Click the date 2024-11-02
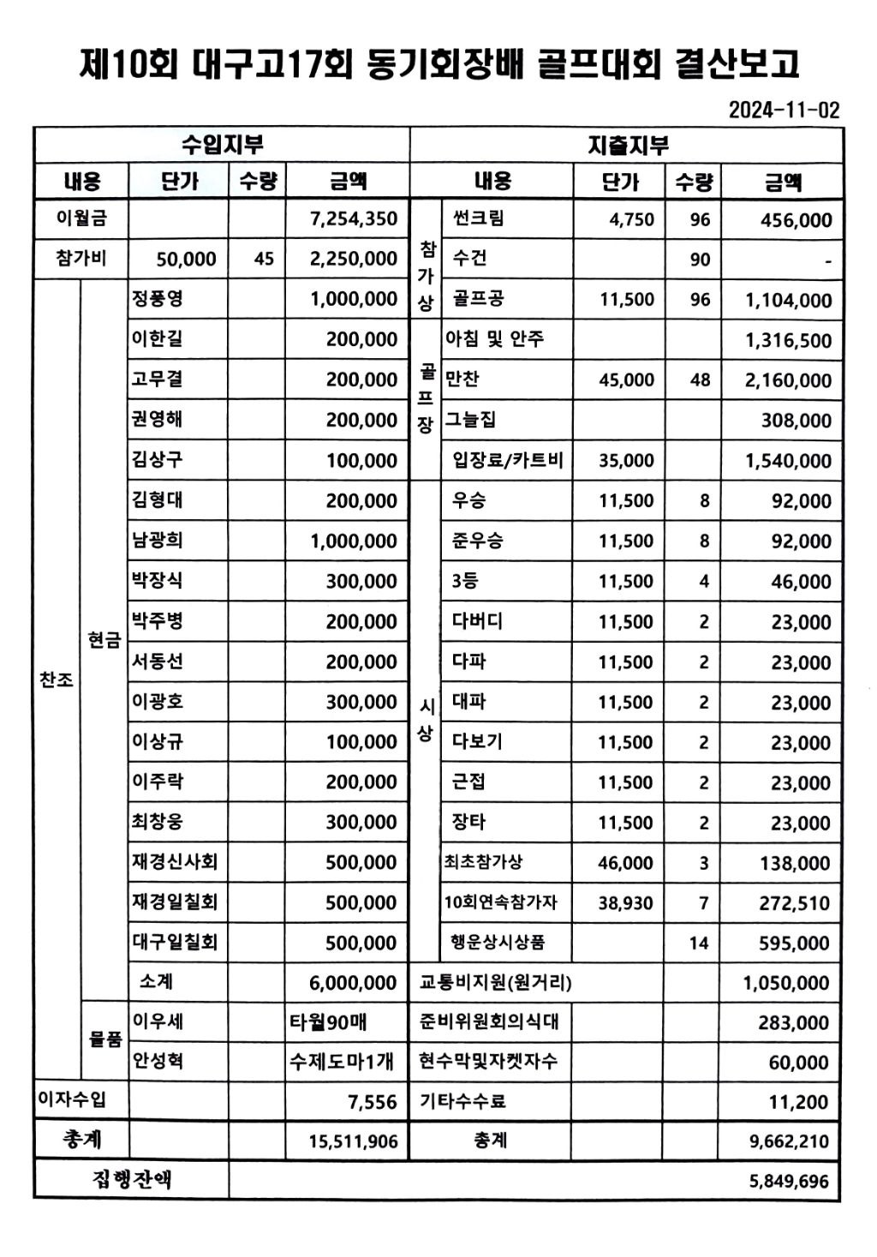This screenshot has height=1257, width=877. (x=784, y=110)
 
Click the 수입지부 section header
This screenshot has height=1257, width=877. (x=222, y=145)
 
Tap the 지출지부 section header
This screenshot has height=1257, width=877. (x=627, y=146)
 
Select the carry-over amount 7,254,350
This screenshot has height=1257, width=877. (x=353, y=218)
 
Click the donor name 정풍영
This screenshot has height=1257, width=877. (x=157, y=298)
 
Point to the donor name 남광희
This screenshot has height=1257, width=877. (x=157, y=540)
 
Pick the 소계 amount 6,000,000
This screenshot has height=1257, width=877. (x=353, y=983)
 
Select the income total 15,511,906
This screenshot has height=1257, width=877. (x=353, y=1141)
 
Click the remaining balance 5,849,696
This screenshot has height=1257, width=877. (x=788, y=1182)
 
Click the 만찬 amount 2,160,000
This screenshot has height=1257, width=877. (x=788, y=380)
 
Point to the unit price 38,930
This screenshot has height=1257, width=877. (x=625, y=903)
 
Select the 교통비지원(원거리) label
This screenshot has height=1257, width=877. (x=495, y=982)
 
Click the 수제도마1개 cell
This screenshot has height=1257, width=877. (x=342, y=1062)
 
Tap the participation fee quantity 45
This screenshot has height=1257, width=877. (x=264, y=259)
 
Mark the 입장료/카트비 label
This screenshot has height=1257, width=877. (x=507, y=460)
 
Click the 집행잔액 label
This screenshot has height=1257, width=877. (x=132, y=1180)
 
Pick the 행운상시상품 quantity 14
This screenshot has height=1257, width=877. (x=699, y=943)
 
